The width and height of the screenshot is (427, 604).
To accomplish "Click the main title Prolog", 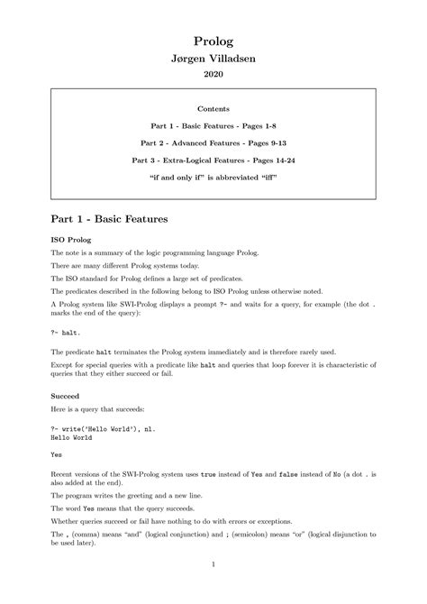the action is (x=213, y=41).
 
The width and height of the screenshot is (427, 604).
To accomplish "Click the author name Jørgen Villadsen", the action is (x=213, y=58).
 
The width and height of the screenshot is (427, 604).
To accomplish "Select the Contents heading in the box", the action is (x=213, y=108).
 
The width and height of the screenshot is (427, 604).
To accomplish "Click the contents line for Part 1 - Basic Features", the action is (x=213, y=125).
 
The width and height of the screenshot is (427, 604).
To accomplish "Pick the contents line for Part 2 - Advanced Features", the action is (x=213, y=142).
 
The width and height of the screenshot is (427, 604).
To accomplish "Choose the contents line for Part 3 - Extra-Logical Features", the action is (x=213, y=160).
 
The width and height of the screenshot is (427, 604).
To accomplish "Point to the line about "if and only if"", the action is (x=213, y=177).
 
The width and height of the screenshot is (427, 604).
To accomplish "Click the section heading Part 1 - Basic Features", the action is (x=109, y=218).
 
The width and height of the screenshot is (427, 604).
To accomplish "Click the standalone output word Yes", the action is (x=57, y=454).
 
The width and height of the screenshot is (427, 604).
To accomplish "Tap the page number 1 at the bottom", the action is (x=213, y=565).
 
